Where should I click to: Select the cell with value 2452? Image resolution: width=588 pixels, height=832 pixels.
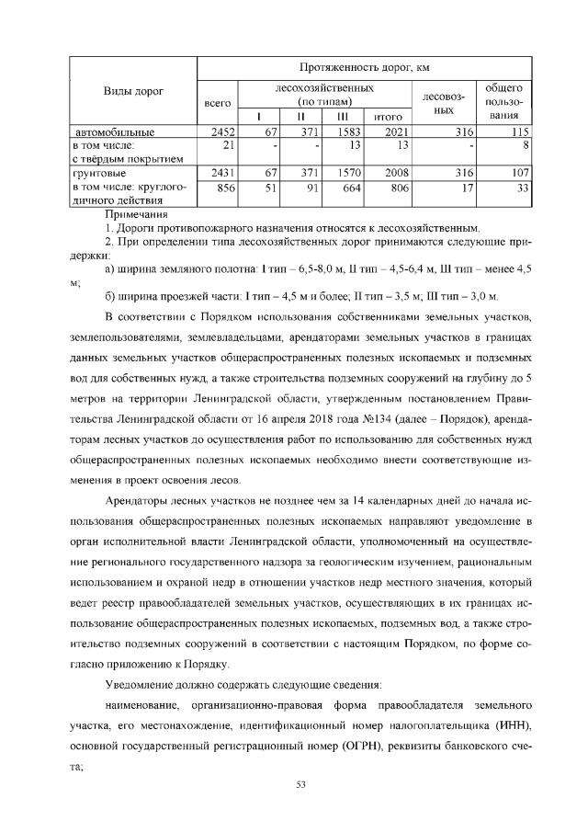point(224,132)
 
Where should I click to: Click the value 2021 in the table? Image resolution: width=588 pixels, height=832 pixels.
point(394,132)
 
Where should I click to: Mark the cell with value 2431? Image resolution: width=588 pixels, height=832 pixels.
point(224,173)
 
